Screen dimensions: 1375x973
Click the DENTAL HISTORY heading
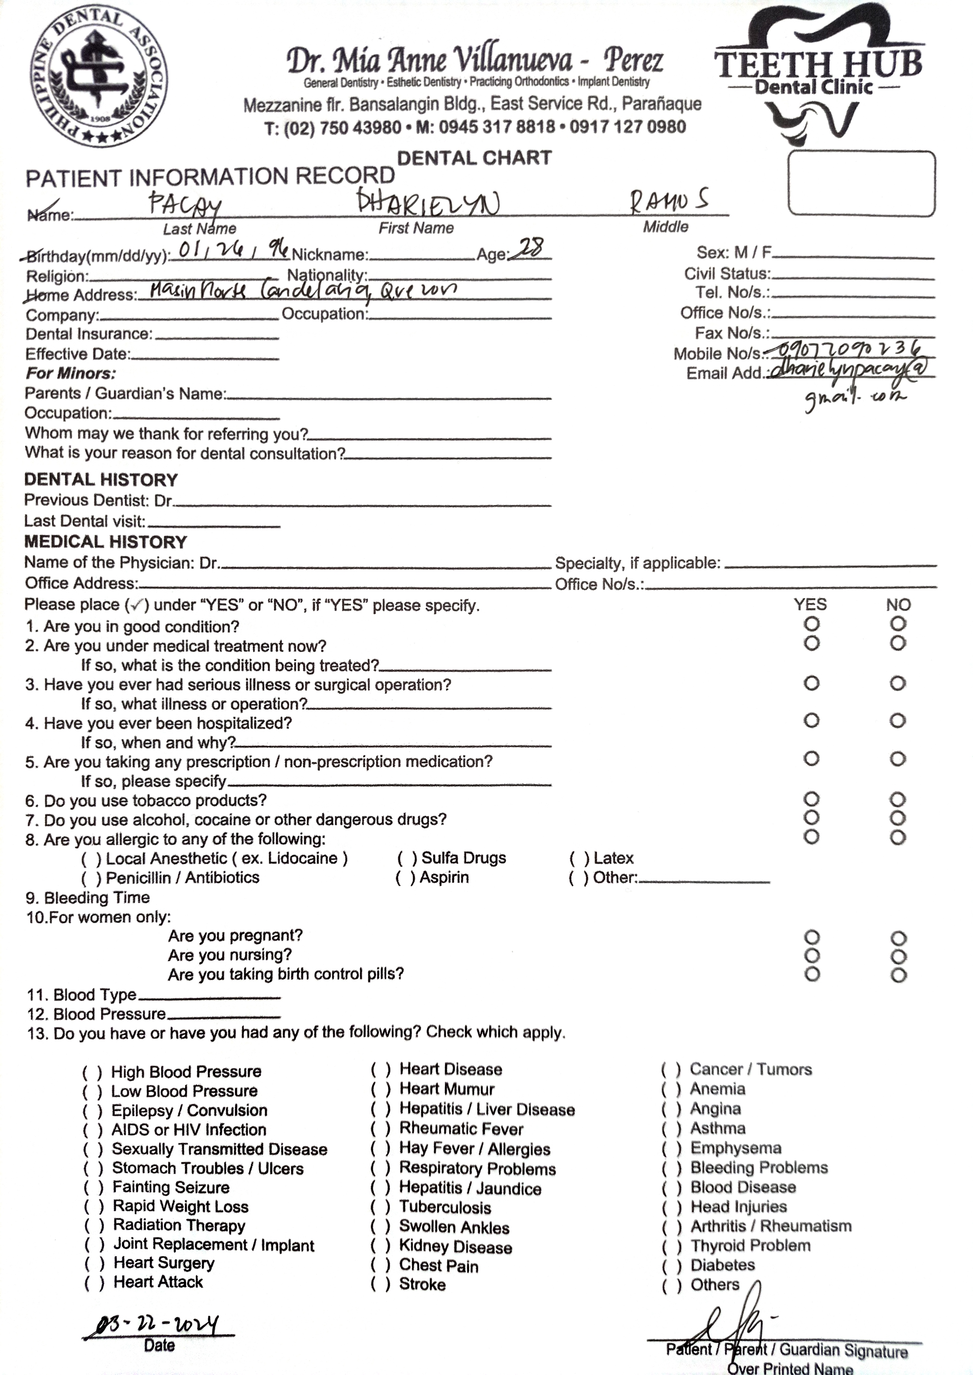101,480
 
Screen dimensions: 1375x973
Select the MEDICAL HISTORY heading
105,542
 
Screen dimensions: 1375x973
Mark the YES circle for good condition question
811,624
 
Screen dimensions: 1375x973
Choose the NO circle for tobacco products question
897,799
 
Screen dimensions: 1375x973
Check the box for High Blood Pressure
92,1072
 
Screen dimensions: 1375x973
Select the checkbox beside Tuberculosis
381,1207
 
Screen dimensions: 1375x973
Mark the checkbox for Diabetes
671,1266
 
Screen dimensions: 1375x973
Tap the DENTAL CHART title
474,158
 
